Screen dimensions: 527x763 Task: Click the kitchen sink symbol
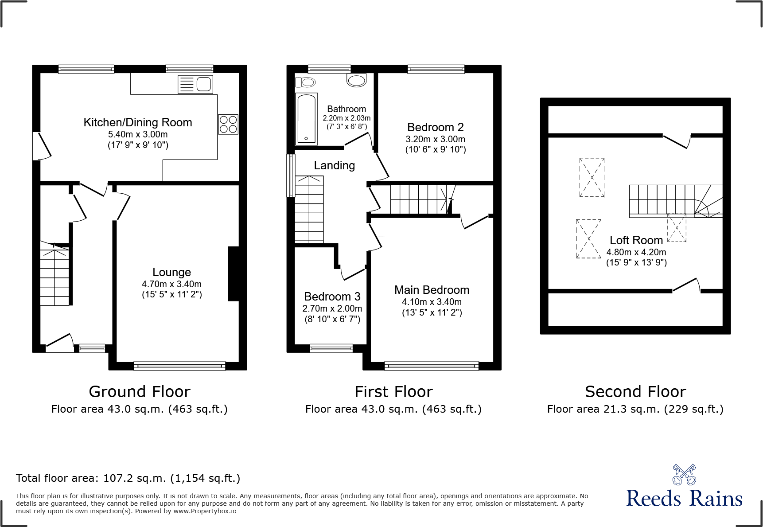click(x=195, y=84)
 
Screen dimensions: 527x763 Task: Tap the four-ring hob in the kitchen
click(x=228, y=124)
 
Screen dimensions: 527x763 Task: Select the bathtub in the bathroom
click(x=307, y=119)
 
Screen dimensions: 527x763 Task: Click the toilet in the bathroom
click(x=306, y=82)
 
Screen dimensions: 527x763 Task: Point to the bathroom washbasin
click(x=357, y=80)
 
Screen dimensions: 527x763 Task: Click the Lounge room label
click(x=171, y=272)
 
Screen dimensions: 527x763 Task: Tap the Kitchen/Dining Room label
click(x=138, y=122)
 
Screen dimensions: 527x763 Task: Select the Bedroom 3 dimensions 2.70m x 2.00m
click(x=332, y=308)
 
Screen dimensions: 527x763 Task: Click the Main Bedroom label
click(x=432, y=290)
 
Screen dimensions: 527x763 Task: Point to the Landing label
click(x=334, y=165)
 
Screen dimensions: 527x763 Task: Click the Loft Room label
click(x=636, y=240)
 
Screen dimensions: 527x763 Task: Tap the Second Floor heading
click(x=635, y=392)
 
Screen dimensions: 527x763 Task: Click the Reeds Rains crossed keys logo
click(x=684, y=475)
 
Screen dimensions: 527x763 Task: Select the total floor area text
click(x=128, y=478)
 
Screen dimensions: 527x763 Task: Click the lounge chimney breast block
click(x=234, y=273)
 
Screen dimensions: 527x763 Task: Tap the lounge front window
click(x=179, y=366)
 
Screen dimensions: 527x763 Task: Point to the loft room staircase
click(x=673, y=201)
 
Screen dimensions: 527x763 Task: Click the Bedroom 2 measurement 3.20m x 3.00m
click(x=435, y=139)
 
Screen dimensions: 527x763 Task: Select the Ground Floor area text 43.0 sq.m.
click(x=139, y=409)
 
